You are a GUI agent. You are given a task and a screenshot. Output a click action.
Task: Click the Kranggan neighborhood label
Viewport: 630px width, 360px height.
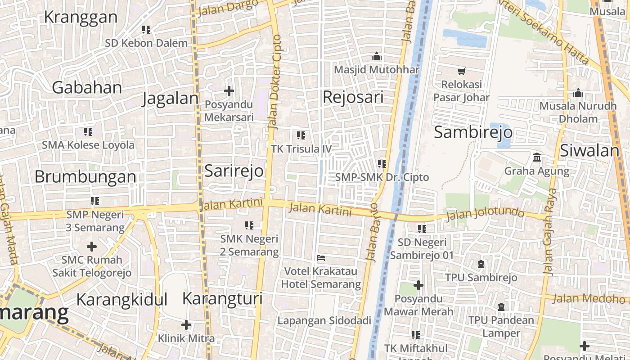81,17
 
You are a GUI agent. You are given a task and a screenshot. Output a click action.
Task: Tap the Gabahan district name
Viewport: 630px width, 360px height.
87,87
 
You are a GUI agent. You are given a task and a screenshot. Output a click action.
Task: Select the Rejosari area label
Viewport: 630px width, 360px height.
353,97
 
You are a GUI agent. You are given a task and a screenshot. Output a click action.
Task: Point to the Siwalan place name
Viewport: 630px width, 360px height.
589,150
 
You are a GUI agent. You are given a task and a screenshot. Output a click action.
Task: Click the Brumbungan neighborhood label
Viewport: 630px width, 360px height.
85,176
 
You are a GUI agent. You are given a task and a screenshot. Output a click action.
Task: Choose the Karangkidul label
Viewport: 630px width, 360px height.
121,299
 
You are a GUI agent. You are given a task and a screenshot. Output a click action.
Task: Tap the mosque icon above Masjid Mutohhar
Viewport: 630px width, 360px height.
376,57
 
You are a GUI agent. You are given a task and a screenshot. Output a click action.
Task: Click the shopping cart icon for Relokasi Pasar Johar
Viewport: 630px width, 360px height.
461,71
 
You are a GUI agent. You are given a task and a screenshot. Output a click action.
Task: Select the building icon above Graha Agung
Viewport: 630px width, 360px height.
536,157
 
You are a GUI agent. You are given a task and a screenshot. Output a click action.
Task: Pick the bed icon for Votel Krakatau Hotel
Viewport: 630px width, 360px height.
321,258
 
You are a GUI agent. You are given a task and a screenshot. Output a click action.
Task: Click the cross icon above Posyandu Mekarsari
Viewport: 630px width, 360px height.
229,91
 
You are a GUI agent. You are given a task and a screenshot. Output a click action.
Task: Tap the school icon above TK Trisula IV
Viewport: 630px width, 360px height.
301,135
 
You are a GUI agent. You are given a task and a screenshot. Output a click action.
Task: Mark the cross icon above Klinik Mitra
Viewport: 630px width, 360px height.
186,324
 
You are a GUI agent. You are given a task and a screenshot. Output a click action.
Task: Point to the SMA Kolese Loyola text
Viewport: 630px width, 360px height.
88,145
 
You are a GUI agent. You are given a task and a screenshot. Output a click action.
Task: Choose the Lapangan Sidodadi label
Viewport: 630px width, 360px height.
324,320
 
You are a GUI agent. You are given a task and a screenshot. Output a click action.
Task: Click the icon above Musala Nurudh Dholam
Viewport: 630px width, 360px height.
578,93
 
